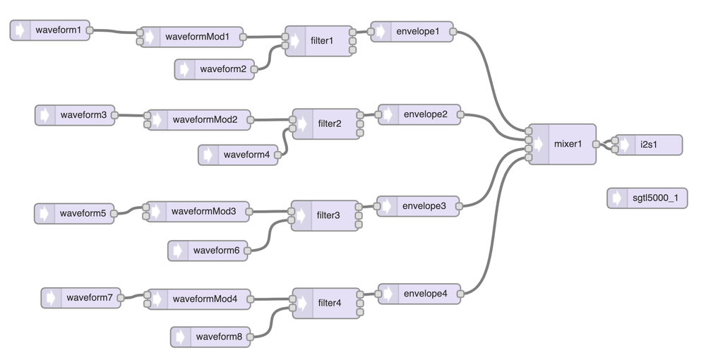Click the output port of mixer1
tap(597, 144)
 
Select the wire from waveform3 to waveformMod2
tap(130, 116)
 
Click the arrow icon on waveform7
tap(52, 298)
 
